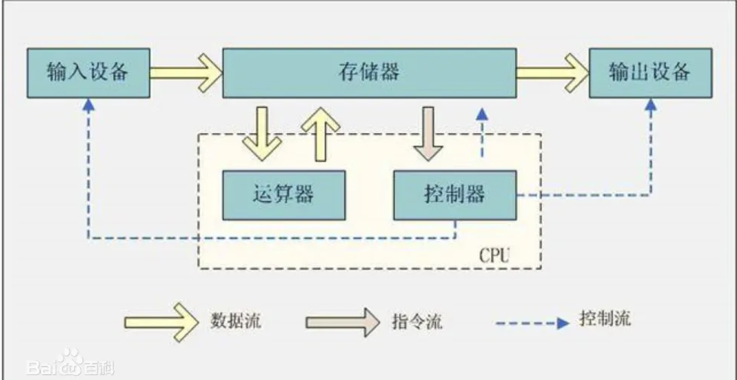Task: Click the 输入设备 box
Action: click(x=89, y=73)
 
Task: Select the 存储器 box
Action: click(x=369, y=73)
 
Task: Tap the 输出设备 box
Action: click(x=650, y=73)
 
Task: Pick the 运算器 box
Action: click(x=283, y=195)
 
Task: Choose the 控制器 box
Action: click(x=454, y=195)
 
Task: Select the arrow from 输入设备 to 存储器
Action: click(x=186, y=73)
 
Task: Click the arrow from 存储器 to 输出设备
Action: click(x=552, y=73)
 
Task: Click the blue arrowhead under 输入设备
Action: click(x=89, y=105)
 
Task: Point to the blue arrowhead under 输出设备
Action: click(x=651, y=105)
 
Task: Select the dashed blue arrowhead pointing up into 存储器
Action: click(x=482, y=113)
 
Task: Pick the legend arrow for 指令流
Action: click(x=343, y=321)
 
